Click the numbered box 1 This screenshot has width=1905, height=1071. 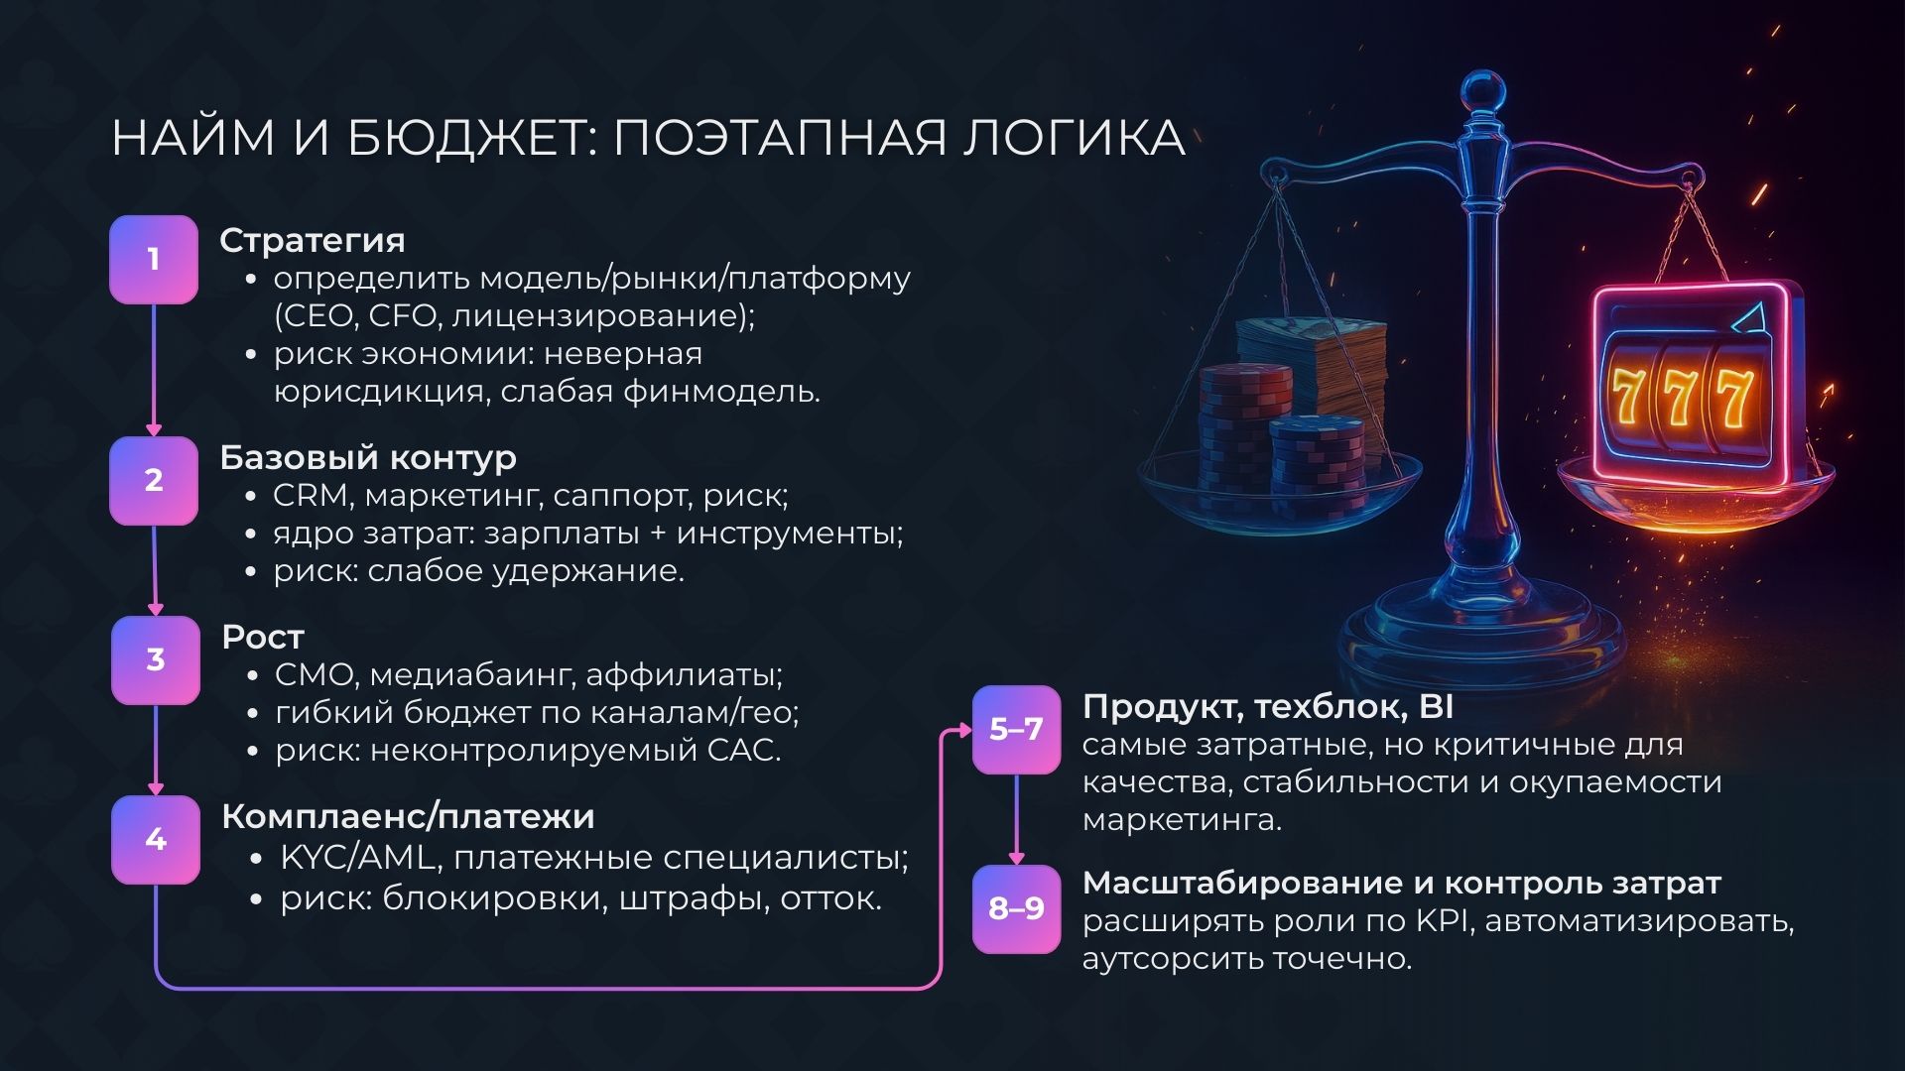click(x=154, y=260)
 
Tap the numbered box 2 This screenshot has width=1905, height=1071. click(x=154, y=480)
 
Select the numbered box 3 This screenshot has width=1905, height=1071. click(x=156, y=660)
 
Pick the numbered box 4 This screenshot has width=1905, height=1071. click(x=156, y=840)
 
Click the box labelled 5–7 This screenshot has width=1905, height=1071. click(x=1016, y=730)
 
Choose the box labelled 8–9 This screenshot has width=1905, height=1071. click(x=1016, y=908)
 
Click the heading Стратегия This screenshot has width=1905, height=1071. click(x=312, y=240)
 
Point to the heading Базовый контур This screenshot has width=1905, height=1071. click(x=368, y=457)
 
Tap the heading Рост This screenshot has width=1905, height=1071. click(x=263, y=637)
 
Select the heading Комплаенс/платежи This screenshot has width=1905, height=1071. click(x=408, y=816)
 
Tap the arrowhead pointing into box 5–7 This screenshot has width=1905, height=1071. click(x=964, y=730)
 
